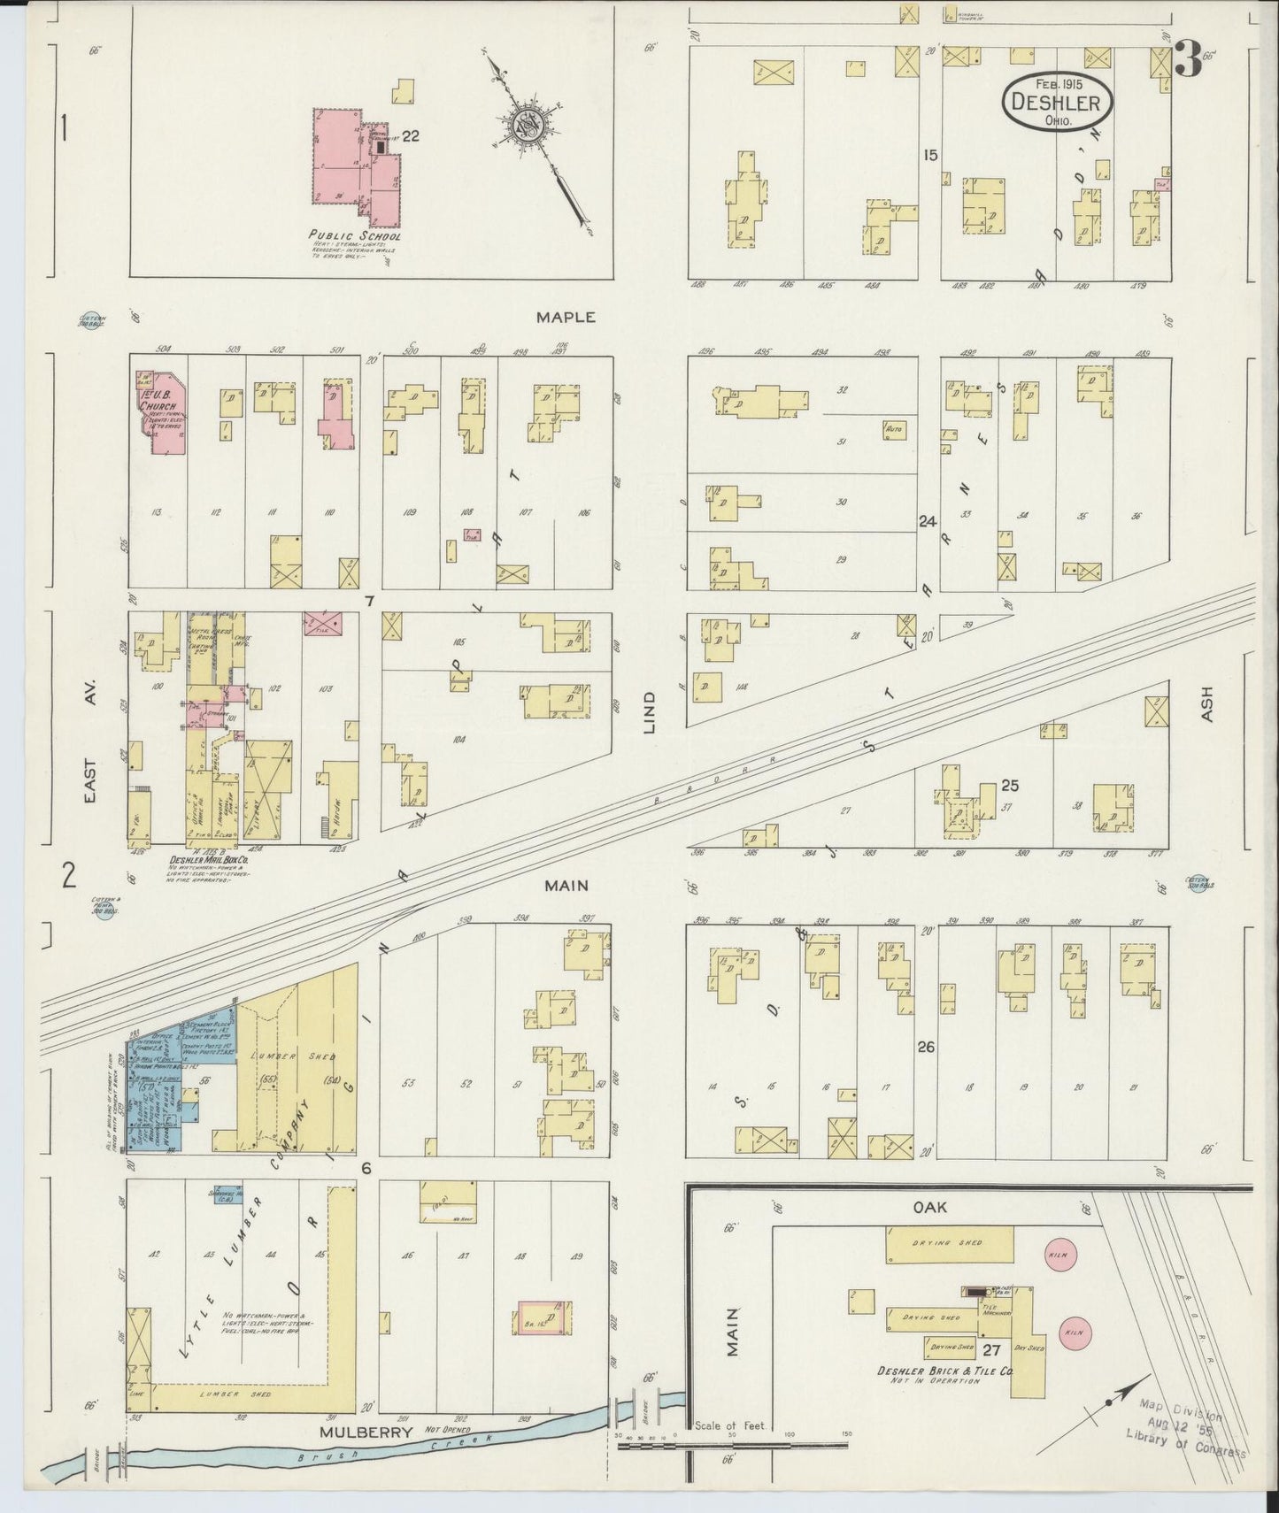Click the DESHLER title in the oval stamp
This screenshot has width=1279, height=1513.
click(x=1058, y=103)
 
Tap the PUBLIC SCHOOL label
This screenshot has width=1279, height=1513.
click(x=354, y=236)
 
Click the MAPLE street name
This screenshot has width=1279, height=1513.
click(x=566, y=316)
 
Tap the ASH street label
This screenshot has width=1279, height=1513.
click(x=1207, y=703)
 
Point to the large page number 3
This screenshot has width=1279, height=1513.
click(x=1189, y=60)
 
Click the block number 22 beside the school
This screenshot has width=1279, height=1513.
click(x=410, y=135)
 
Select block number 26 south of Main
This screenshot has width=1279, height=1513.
click(x=927, y=1047)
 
